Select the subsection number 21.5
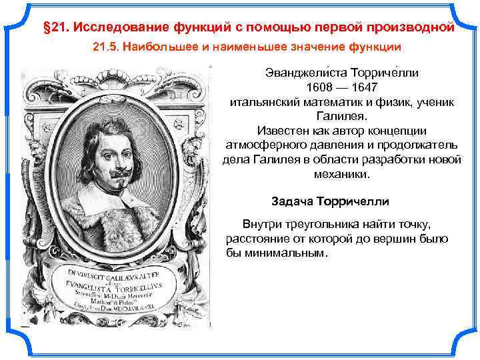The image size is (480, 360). click(x=104, y=47)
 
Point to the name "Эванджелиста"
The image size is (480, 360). click(x=297, y=72)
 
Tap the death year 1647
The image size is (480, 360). click(x=363, y=87)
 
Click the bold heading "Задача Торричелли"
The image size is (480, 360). click(x=330, y=201)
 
